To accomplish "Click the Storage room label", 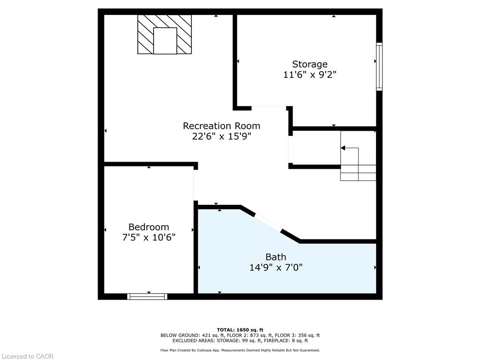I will (x=310, y=64).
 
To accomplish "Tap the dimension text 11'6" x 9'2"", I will (x=310, y=75).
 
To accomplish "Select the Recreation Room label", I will (x=221, y=126).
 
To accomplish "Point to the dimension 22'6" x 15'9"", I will (x=221, y=136).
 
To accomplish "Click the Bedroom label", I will (x=149, y=227).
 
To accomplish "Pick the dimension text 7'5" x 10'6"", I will (x=149, y=238).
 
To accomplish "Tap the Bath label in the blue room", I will (x=276, y=257).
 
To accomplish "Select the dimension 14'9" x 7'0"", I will (x=276, y=268).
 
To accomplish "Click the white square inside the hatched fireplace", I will (x=165, y=41).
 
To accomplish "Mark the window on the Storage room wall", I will (x=379, y=67).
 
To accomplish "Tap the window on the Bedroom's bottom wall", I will (x=147, y=296).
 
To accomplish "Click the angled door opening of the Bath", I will (x=268, y=223).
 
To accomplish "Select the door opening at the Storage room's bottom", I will (x=269, y=108).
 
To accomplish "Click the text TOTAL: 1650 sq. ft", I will (x=240, y=330).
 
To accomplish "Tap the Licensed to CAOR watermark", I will (x=27, y=356).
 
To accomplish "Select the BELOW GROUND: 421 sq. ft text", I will (x=186, y=335).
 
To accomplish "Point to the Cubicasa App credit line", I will (x=240, y=350).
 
